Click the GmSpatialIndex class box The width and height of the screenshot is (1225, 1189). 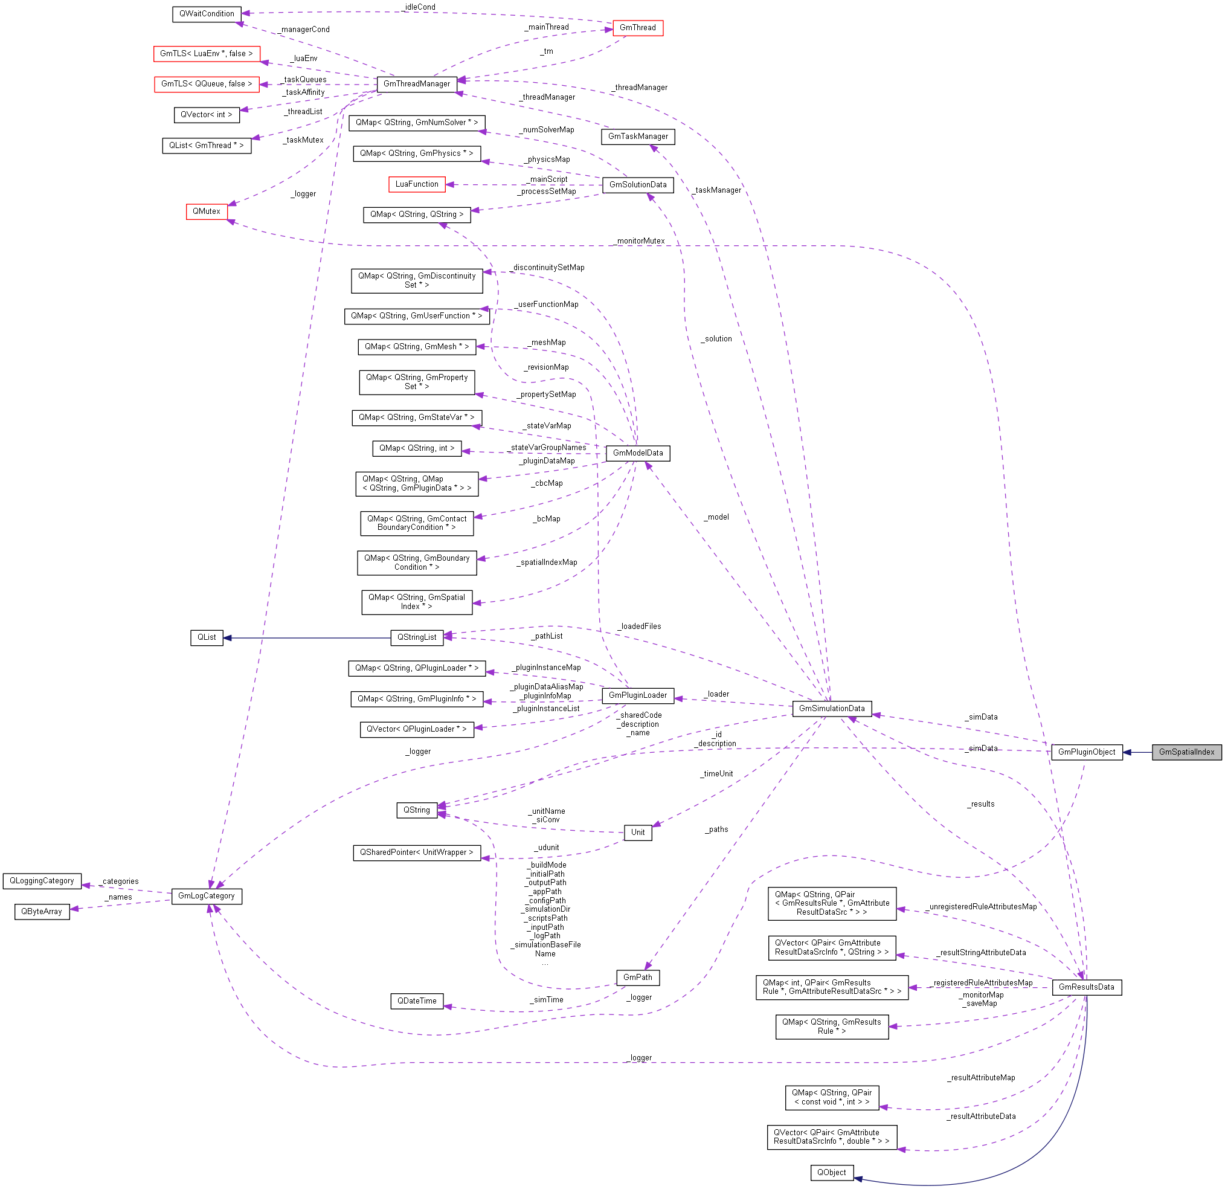coord(1186,752)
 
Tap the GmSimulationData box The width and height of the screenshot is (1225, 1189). coord(831,708)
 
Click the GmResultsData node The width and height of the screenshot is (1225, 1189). coord(1085,987)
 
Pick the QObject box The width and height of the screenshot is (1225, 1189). coord(831,1173)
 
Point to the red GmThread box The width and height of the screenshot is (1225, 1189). coord(637,28)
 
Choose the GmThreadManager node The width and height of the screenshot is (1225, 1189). coord(416,84)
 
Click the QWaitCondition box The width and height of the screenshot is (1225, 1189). coord(206,14)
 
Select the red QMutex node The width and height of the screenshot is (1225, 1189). coord(206,211)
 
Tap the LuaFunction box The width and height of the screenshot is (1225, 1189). coord(416,184)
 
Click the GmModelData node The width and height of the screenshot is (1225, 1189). coord(637,453)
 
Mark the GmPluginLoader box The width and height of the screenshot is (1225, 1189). coord(637,695)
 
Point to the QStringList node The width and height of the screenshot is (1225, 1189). coord(416,637)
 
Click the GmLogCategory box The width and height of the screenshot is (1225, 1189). coord(206,896)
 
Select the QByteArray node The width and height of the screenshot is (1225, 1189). coord(41,912)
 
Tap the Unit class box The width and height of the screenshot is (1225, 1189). coord(637,832)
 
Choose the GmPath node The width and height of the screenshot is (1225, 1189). coord(637,977)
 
